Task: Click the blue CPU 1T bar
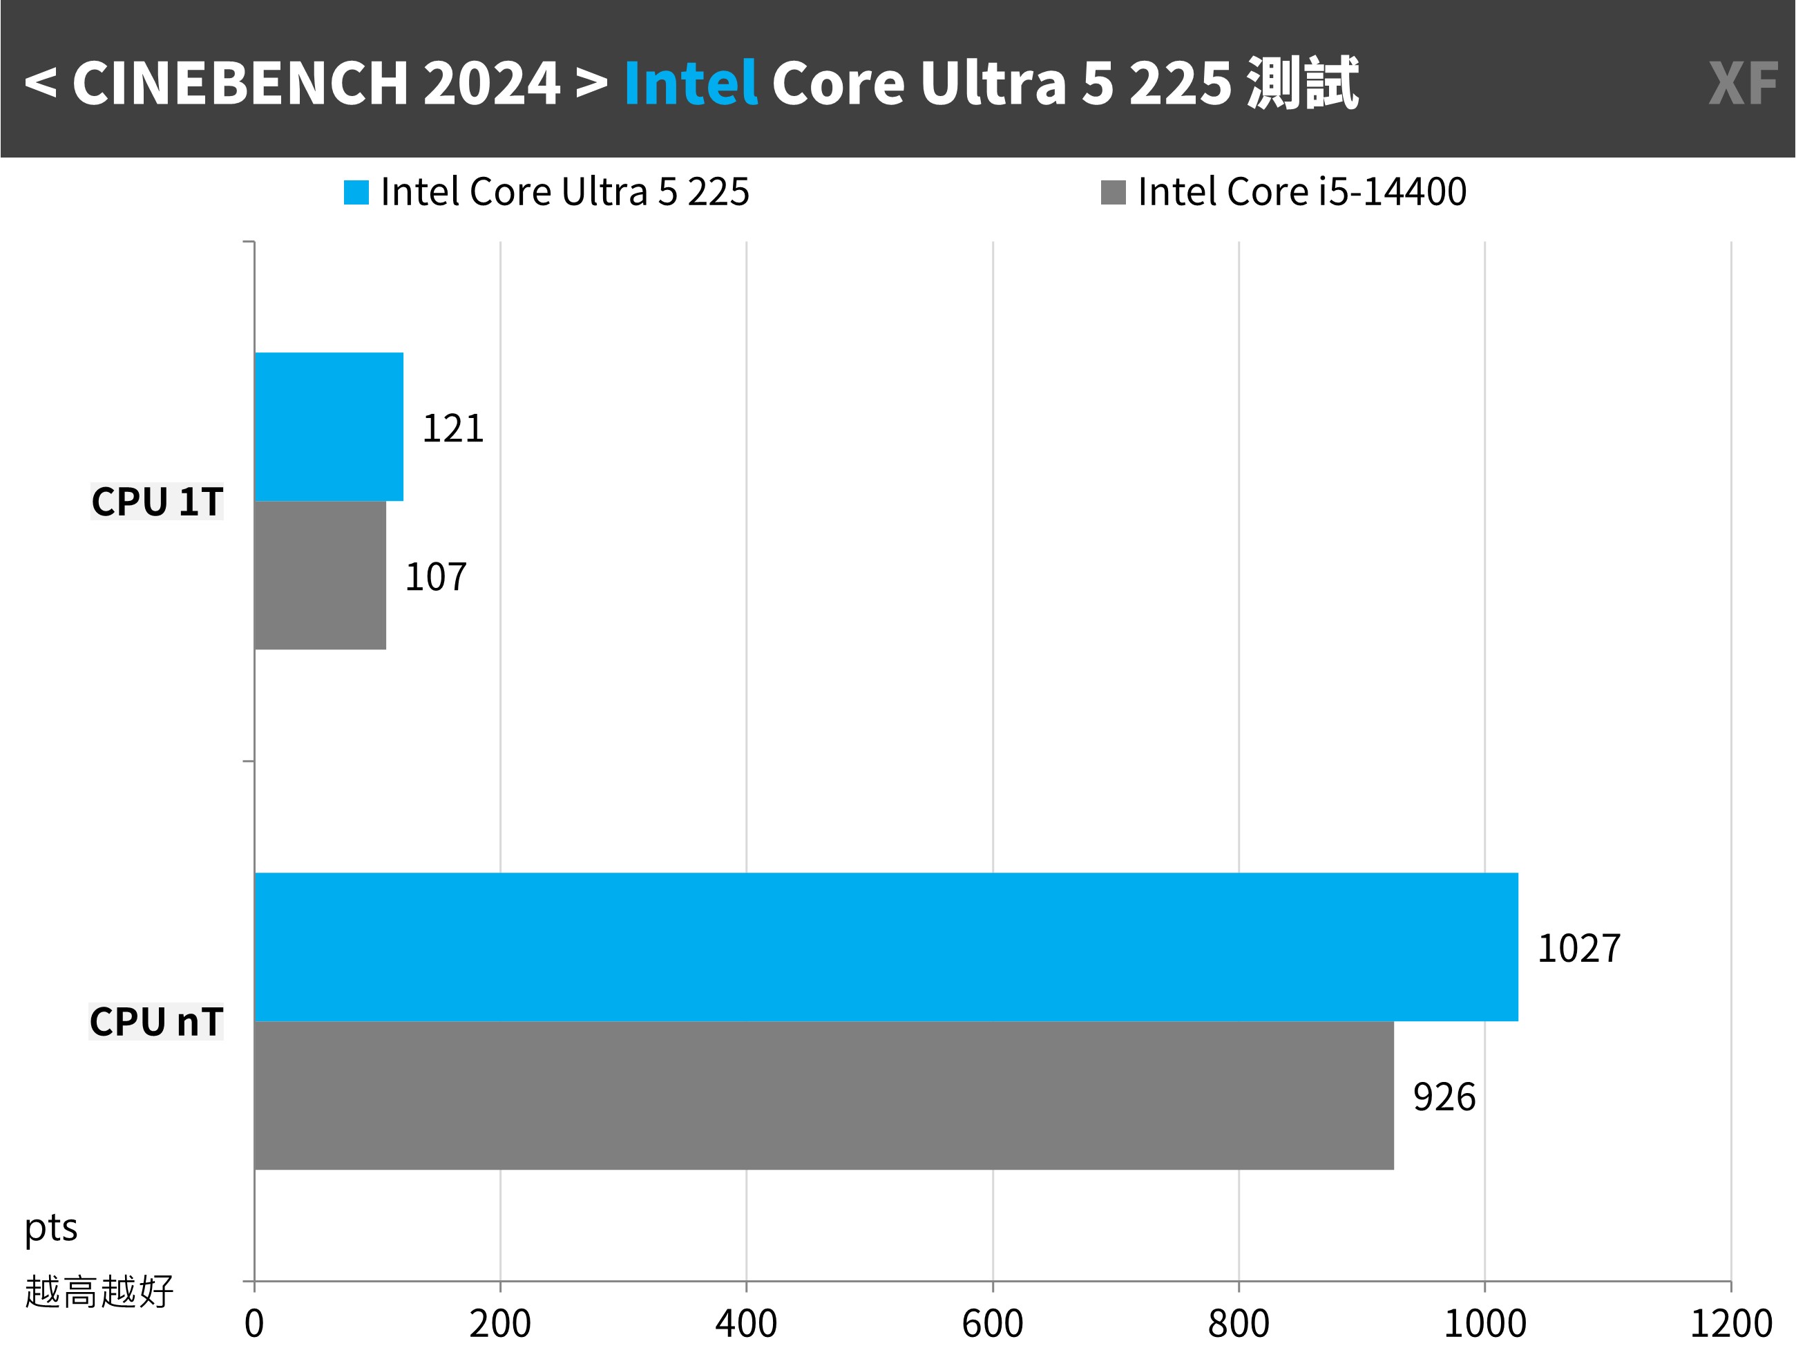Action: [329, 426]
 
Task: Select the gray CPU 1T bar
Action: [320, 575]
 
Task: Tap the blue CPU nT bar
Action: [885, 947]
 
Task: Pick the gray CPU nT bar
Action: [823, 1095]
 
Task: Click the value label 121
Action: [453, 428]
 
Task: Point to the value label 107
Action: [436, 576]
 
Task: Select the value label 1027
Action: [1578, 948]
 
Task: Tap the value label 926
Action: [1444, 1097]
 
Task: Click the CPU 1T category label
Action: [157, 501]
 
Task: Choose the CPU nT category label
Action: [156, 1022]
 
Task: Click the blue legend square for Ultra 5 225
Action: [356, 193]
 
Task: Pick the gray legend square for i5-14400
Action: [1113, 193]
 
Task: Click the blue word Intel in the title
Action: [690, 83]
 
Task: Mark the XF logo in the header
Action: [1742, 83]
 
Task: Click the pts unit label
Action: [50, 1228]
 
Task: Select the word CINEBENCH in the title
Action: [240, 83]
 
